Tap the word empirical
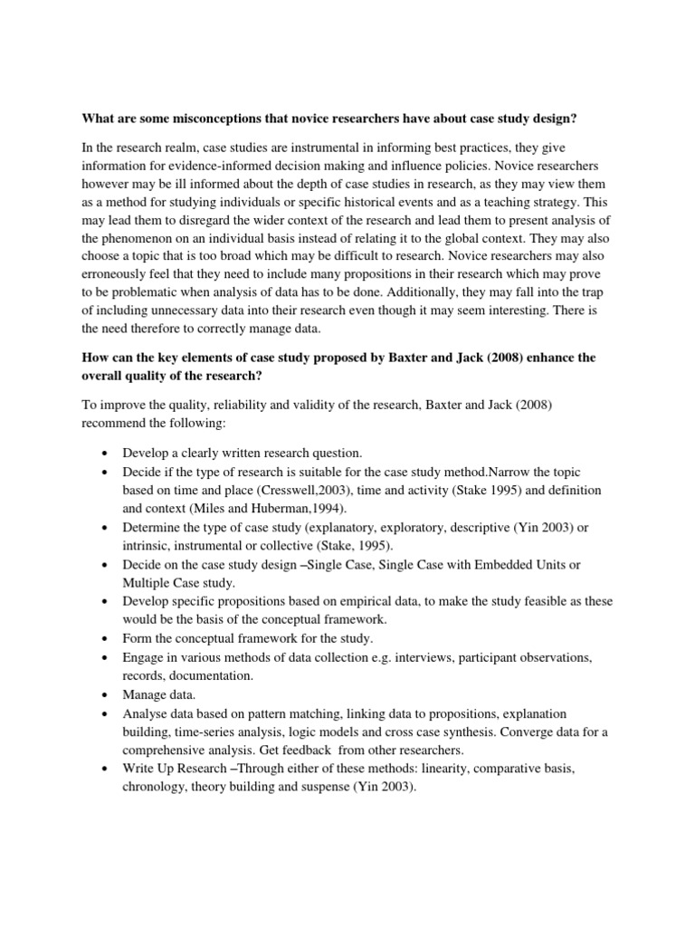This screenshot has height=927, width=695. [x=370, y=603]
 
